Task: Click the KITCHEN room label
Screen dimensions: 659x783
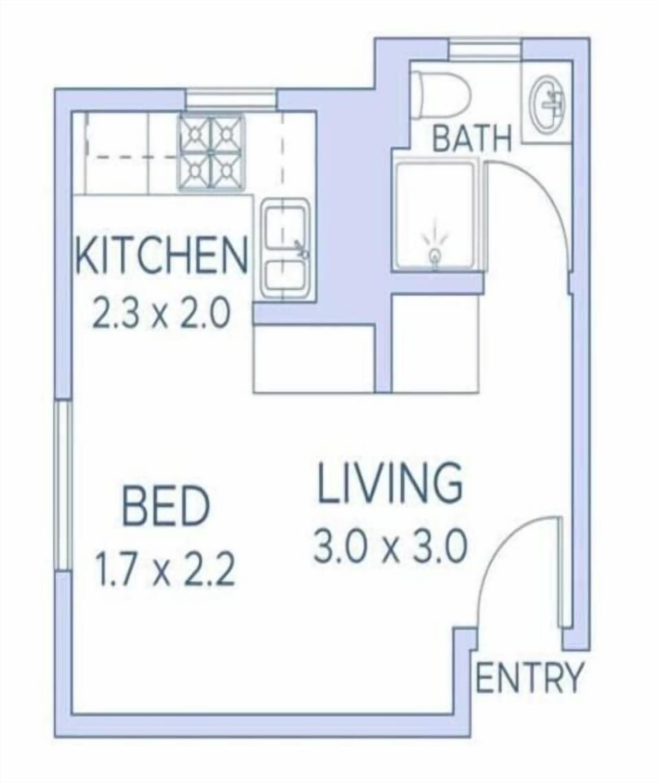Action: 162,255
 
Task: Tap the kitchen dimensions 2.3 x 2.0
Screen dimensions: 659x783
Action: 162,313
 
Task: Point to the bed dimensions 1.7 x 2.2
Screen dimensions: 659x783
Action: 165,569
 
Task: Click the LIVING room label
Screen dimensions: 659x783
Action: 390,483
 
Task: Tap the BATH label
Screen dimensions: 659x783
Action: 472,139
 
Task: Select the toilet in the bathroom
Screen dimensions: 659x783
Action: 441,95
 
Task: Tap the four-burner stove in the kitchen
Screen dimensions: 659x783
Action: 212,152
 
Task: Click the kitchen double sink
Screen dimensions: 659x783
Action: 285,248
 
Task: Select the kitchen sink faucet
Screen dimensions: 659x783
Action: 301,248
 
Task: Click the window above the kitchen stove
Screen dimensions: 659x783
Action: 231,98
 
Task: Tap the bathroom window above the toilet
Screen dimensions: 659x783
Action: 485,51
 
